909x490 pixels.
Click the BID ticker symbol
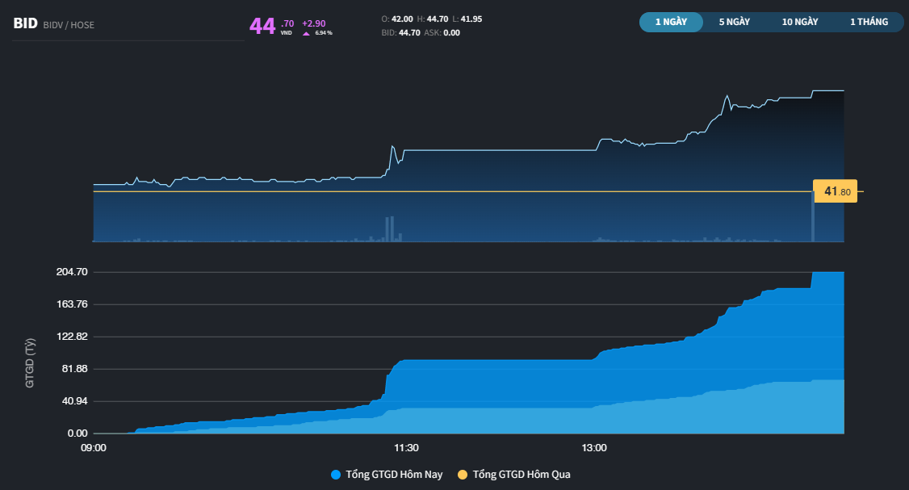[25, 24]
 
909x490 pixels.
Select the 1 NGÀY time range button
[671, 22]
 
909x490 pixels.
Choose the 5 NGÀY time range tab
[735, 22]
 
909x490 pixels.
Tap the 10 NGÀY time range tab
[800, 22]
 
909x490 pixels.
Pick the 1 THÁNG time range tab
[869, 22]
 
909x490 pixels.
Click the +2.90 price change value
[313, 23]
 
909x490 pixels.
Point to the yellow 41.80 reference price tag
[836, 191]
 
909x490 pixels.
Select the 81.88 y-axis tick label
[72, 369]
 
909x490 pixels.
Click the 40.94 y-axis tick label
[72, 401]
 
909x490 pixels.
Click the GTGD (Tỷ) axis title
[30, 364]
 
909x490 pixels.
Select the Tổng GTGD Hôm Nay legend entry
[387, 475]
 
